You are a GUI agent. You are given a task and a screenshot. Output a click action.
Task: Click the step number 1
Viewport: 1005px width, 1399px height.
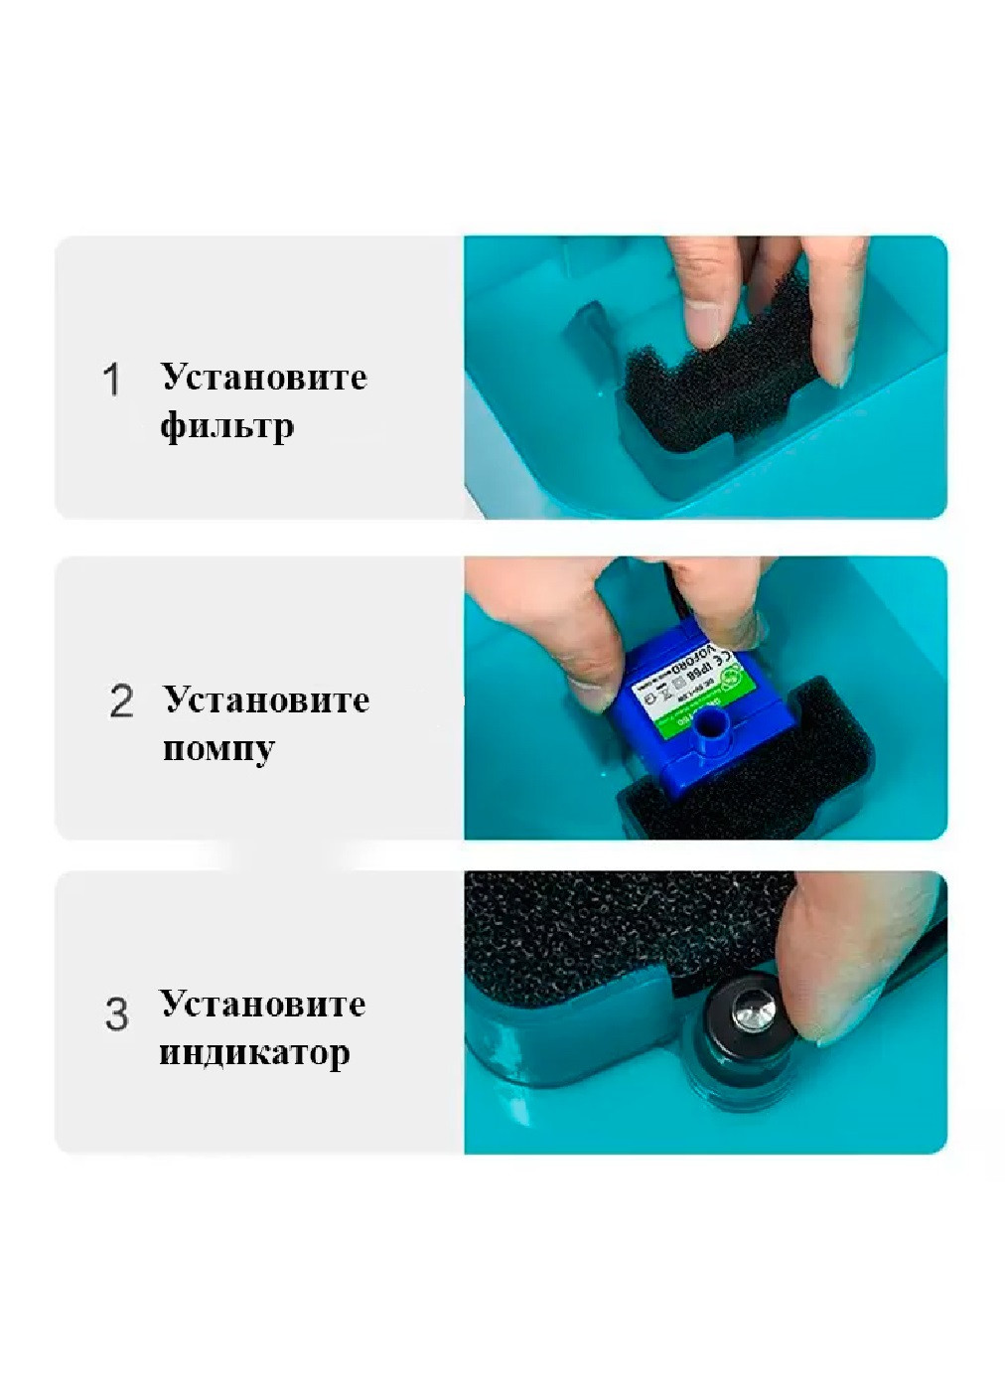pyautogui.click(x=111, y=380)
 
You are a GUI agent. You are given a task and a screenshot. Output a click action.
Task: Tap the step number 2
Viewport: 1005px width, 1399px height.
pyautogui.click(x=121, y=701)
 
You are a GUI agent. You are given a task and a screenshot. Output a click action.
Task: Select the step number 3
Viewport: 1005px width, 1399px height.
pyautogui.click(x=116, y=1014)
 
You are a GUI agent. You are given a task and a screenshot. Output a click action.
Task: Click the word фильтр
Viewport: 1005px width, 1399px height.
pyautogui.click(x=226, y=426)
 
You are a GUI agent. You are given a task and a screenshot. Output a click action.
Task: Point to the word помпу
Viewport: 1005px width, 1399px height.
pyautogui.click(x=218, y=748)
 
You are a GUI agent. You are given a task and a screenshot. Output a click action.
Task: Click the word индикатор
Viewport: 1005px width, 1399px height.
pyautogui.click(x=254, y=1052)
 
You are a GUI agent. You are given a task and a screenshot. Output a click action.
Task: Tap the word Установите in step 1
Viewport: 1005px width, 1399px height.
pyautogui.click(x=264, y=378)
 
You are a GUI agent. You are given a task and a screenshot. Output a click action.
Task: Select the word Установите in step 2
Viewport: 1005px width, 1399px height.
pyautogui.click(x=266, y=699)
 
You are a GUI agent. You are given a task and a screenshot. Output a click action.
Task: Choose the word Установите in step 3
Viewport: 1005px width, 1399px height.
pyautogui.click(x=262, y=1004)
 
